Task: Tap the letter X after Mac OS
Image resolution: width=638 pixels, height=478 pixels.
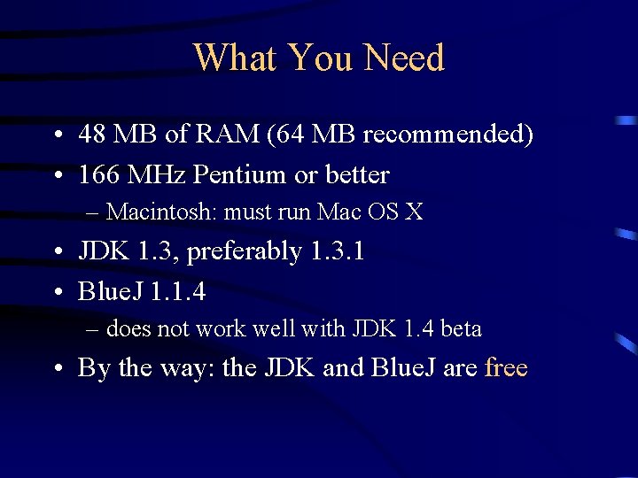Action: click(414, 212)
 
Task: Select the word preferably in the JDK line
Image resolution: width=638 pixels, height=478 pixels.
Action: click(245, 252)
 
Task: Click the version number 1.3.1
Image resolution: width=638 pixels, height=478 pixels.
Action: click(338, 251)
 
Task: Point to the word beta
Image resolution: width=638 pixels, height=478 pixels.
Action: click(461, 329)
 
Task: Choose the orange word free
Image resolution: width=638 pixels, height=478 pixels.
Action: click(506, 367)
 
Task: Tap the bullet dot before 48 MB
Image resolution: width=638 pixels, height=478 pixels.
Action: click(56, 136)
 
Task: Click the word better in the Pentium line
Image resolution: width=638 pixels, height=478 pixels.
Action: click(357, 175)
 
